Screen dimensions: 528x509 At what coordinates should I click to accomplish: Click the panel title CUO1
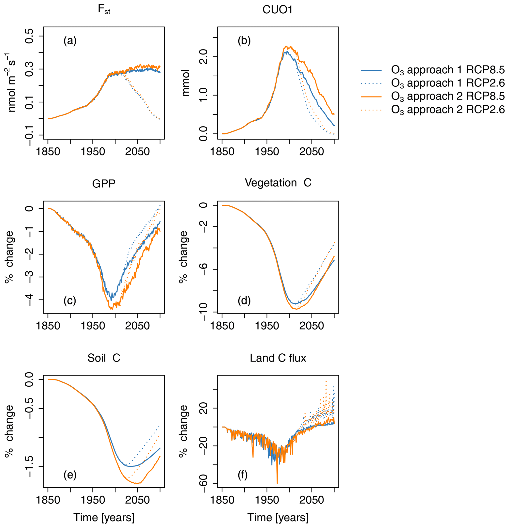(x=277, y=10)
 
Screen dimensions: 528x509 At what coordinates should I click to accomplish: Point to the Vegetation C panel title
(x=278, y=183)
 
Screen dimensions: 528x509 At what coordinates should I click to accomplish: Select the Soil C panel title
(x=104, y=358)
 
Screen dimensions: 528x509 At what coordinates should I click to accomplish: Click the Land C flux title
(x=278, y=358)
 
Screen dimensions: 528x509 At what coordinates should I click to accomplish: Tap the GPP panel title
(x=104, y=184)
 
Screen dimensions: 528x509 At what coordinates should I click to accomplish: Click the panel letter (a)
(x=70, y=41)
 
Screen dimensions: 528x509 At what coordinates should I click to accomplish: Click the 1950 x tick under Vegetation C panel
(x=267, y=326)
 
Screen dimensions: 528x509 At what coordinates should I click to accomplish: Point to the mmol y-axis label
(x=186, y=83)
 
